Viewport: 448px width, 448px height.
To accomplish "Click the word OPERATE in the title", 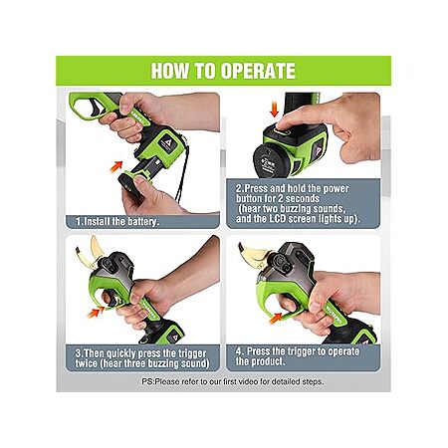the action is pos(258,71).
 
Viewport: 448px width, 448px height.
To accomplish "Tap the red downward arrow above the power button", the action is pos(274,110).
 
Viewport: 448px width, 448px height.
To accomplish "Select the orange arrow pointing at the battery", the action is pos(115,166).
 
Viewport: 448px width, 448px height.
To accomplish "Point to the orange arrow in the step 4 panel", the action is pos(277,319).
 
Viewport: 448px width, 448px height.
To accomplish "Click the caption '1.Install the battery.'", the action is pos(117,221).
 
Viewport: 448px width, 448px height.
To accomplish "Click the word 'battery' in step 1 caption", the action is pos(141,221).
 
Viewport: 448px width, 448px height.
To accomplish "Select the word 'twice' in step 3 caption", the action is pos(87,363).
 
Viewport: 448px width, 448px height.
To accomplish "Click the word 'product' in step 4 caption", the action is pos(268,361).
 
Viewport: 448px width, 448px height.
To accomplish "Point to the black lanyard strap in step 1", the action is pos(183,175).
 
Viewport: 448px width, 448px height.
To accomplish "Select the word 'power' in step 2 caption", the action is pos(336,189).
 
